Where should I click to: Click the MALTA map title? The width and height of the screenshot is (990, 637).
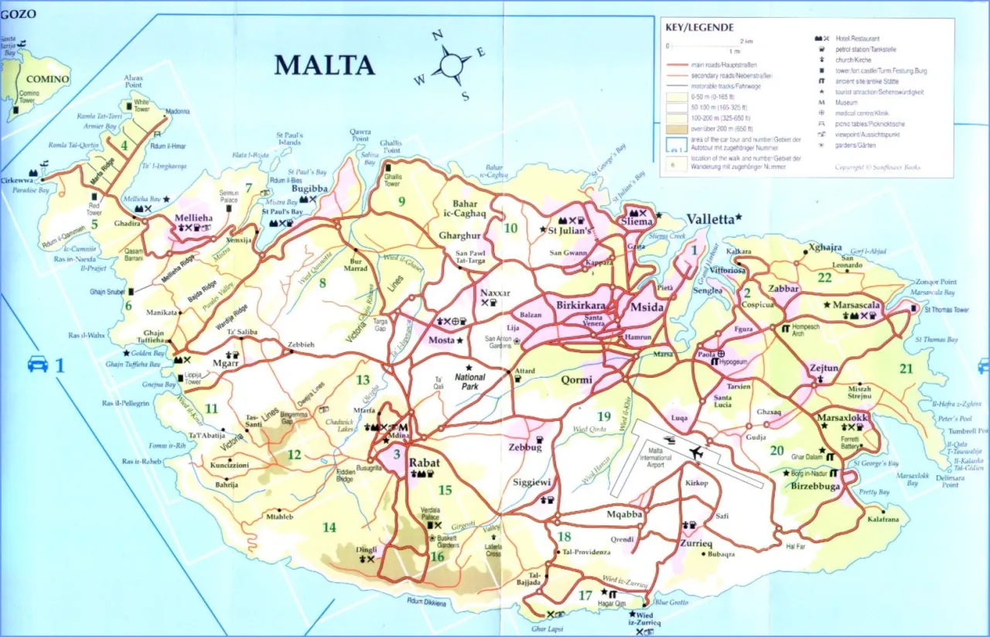325,65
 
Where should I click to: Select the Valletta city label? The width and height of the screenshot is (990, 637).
709,219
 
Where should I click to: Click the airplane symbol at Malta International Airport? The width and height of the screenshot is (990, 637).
695,452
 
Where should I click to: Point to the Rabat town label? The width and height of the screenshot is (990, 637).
424,463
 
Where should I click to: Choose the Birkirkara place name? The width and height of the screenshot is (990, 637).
580,305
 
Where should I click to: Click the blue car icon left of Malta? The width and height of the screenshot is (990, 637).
37,363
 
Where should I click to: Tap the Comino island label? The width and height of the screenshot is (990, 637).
48,79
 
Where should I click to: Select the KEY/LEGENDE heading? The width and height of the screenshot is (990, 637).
700,27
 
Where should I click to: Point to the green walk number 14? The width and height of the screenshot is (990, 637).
329,528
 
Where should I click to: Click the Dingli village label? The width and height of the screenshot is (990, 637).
367,550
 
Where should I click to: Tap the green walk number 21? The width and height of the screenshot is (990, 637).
906,368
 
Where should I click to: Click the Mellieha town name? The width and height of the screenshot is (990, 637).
193,218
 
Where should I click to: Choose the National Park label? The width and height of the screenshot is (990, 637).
470,382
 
